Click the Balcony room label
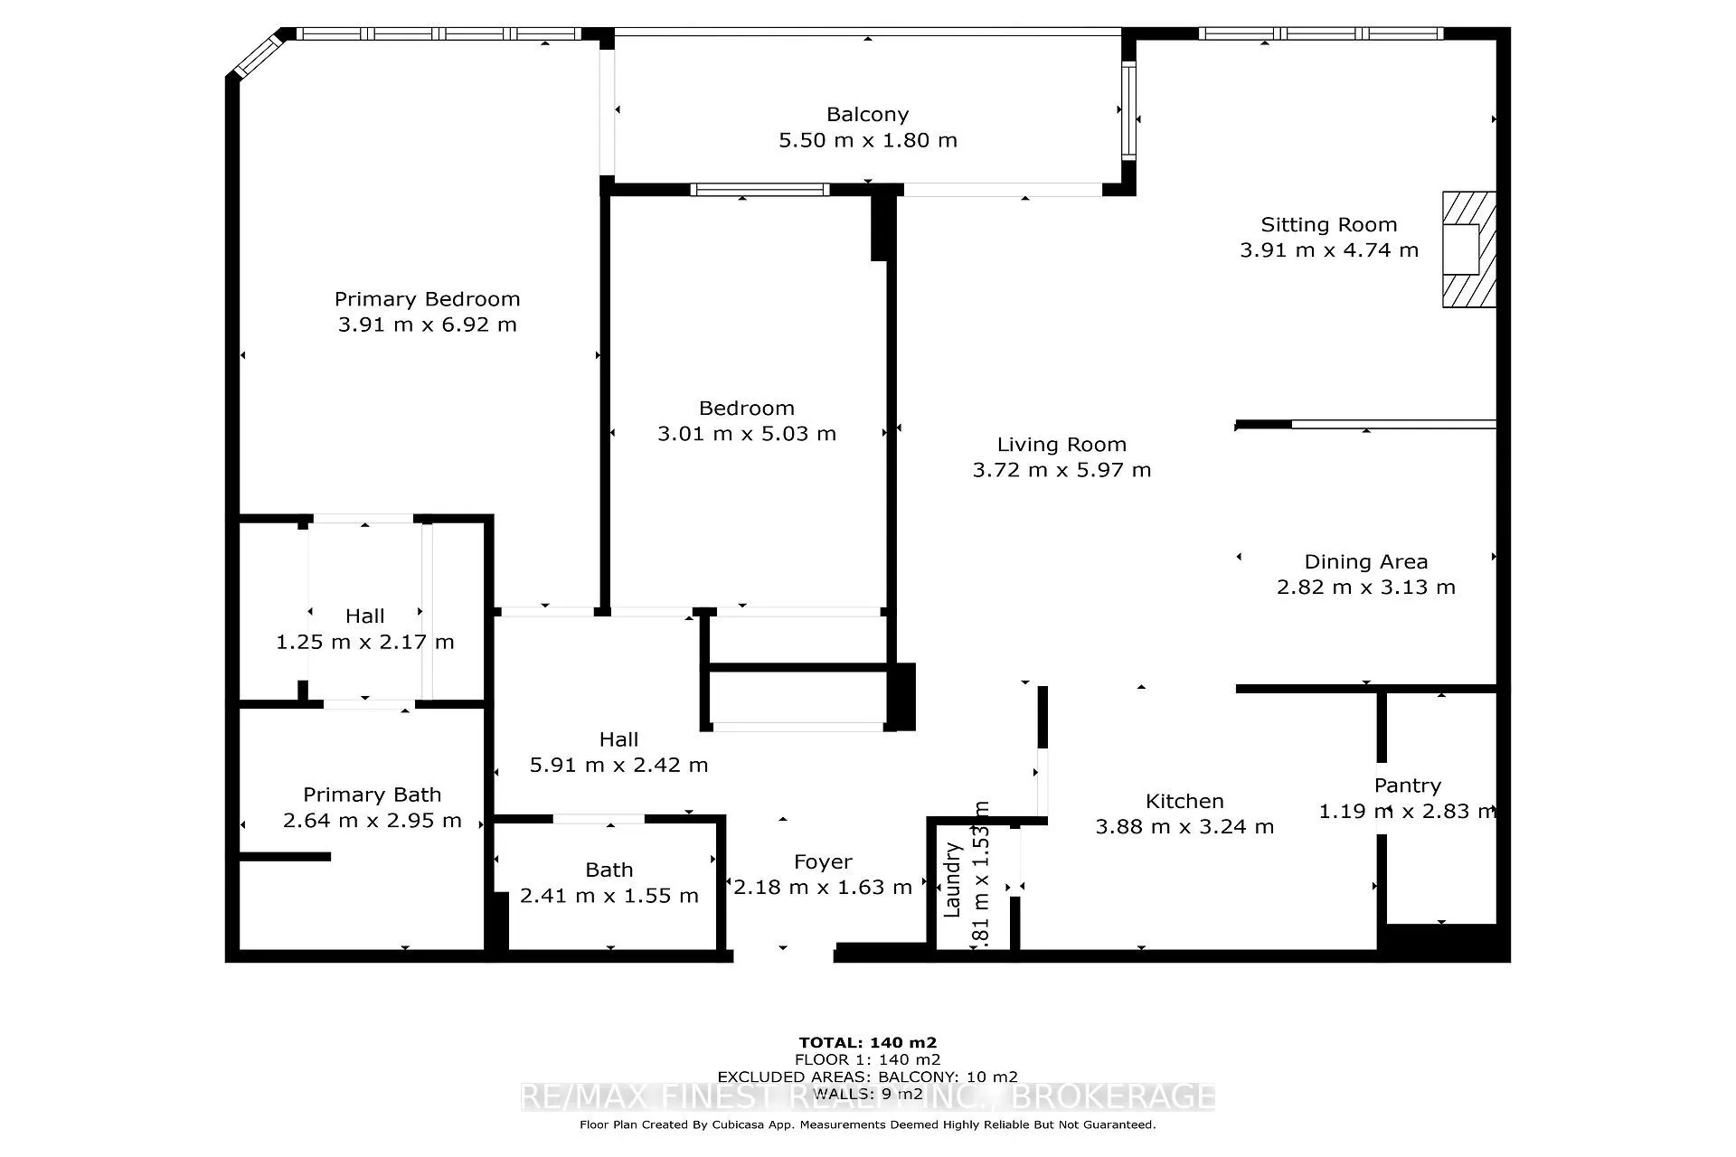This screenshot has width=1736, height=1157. click(867, 115)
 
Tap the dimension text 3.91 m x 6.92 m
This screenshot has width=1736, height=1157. click(427, 325)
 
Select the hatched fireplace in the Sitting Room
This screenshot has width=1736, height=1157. click(1467, 249)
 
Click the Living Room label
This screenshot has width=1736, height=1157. click(1061, 445)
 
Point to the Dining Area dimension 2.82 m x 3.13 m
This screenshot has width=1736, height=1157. click(1365, 588)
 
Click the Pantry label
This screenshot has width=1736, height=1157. click(1407, 785)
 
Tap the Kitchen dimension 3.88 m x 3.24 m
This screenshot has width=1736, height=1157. click(1184, 827)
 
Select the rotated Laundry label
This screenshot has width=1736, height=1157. click(952, 880)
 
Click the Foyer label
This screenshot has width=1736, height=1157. click(823, 862)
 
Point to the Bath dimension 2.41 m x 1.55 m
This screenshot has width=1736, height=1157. click(609, 896)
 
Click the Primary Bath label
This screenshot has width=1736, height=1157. click(372, 795)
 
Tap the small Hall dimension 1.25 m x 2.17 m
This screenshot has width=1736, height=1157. click(364, 642)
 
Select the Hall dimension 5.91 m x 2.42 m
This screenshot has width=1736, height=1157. click(618, 765)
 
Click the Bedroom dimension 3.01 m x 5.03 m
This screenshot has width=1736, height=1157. click(746, 434)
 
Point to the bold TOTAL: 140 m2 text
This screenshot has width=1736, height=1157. click(867, 1042)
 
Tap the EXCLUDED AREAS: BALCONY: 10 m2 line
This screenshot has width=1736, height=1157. click(867, 1077)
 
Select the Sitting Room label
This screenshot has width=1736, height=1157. click(1328, 225)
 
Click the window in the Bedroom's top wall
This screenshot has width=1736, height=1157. click(759, 190)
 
